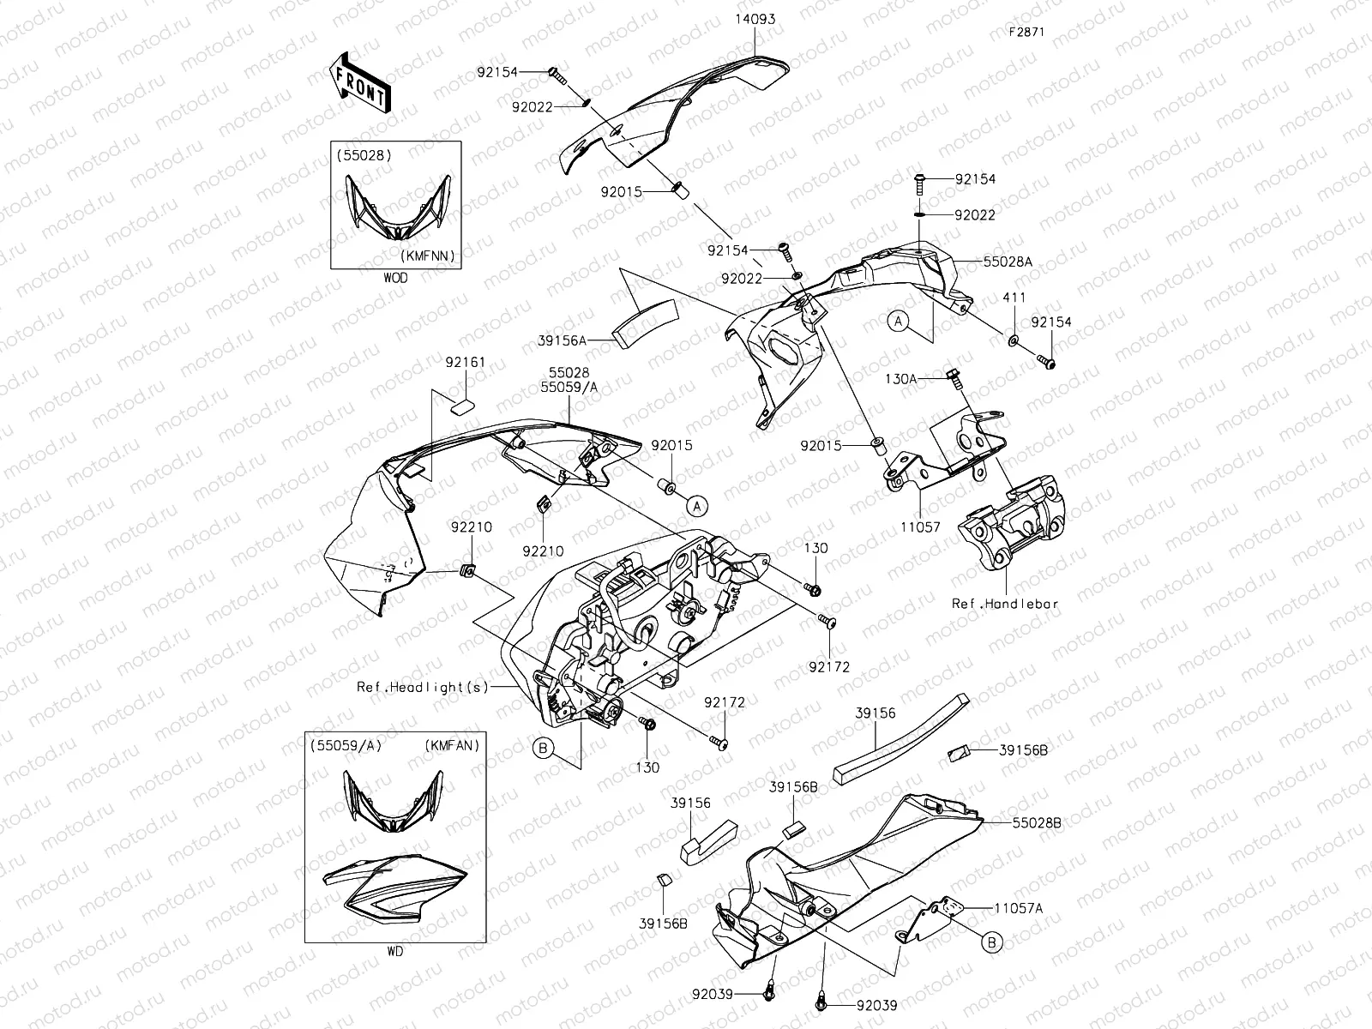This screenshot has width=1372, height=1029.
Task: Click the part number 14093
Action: (x=754, y=19)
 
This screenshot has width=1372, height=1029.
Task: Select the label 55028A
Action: (x=1008, y=262)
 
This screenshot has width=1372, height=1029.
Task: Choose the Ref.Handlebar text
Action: (x=1005, y=604)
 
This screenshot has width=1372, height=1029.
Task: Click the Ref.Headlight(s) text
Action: (x=422, y=687)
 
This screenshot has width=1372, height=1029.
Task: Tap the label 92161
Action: (x=465, y=363)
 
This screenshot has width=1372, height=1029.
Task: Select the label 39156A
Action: (x=586, y=340)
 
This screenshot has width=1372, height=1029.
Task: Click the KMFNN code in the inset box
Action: (x=425, y=256)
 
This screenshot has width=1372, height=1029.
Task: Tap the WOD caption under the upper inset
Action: (x=395, y=278)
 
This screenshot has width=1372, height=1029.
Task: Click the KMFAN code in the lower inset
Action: (x=450, y=746)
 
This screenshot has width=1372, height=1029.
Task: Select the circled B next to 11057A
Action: (x=992, y=943)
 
